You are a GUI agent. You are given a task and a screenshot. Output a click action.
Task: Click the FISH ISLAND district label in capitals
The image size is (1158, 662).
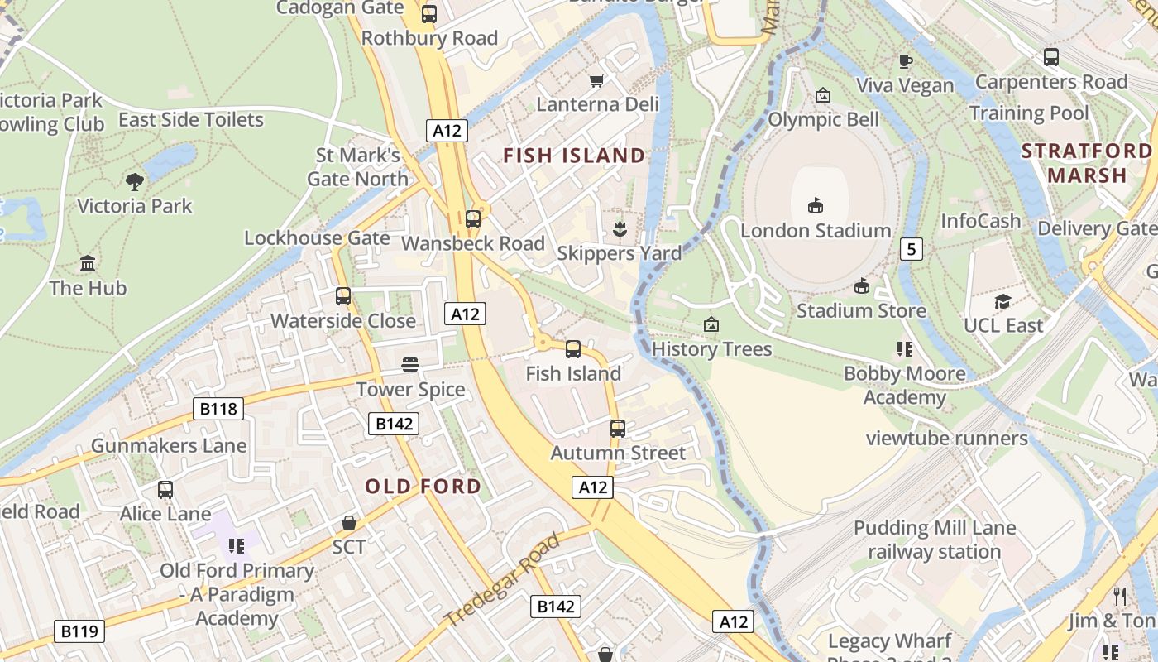pyautogui.click(x=574, y=156)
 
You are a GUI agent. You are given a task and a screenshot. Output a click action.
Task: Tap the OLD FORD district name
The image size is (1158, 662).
pyautogui.click(x=423, y=487)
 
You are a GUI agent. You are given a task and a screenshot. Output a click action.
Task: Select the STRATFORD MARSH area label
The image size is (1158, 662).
pyautogui.click(x=1086, y=163)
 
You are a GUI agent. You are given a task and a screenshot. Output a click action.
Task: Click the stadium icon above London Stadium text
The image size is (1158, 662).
pyautogui.click(x=816, y=205)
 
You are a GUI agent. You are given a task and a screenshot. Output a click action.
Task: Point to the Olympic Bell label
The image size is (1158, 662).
pyautogui.click(x=823, y=120)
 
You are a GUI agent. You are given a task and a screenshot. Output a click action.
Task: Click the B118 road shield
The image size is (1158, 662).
pyautogui.click(x=219, y=408)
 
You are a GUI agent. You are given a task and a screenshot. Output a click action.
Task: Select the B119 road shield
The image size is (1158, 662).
pyautogui.click(x=80, y=631)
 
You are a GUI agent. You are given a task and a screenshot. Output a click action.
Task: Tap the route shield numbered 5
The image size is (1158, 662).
pyautogui.click(x=911, y=248)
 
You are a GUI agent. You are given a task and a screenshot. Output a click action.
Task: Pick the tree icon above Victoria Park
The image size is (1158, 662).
pyautogui.click(x=134, y=181)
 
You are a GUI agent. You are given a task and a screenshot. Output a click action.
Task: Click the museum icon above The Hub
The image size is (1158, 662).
pyautogui.click(x=88, y=263)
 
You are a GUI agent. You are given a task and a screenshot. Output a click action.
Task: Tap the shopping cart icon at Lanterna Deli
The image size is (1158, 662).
pyautogui.click(x=596, y=80)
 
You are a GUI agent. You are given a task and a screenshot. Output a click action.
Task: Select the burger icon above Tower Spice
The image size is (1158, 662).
pyautogui.click(x=410, y=365)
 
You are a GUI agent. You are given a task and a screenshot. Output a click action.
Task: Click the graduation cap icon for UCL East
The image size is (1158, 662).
pyautogui.click(x=1003, y=301)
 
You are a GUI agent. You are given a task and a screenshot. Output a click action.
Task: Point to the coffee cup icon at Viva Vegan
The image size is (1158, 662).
pyautogui.click(x=906, y=61)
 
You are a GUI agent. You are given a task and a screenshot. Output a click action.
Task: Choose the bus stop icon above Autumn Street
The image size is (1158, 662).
pyautogui.click(x=618, y=429)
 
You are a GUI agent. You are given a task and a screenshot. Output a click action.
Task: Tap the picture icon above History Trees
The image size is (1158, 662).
pyautogui.click(x=711, y=324)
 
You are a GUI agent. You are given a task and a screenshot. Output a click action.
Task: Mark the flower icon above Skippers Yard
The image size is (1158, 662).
pyautogui.click(x=619, y=228)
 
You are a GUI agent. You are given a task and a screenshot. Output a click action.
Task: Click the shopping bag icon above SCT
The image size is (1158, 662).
pyautogui.click(x=349, y=523)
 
